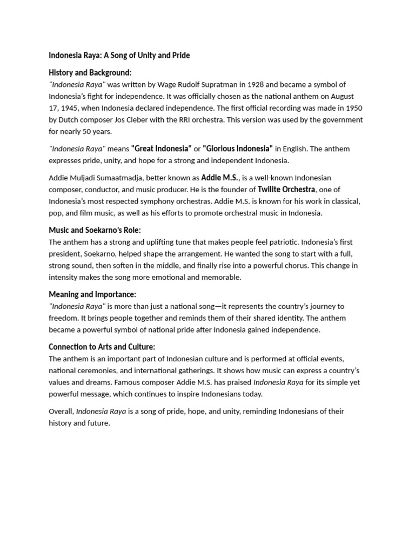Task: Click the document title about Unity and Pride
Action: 119,55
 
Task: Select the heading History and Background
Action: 90,72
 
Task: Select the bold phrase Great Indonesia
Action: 162,149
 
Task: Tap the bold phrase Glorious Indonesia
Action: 238,149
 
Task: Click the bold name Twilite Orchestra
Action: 286,190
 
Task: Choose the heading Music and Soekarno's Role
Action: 95,230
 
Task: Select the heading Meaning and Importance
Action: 92,294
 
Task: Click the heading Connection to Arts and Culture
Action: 102,347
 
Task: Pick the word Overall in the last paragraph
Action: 61,412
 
